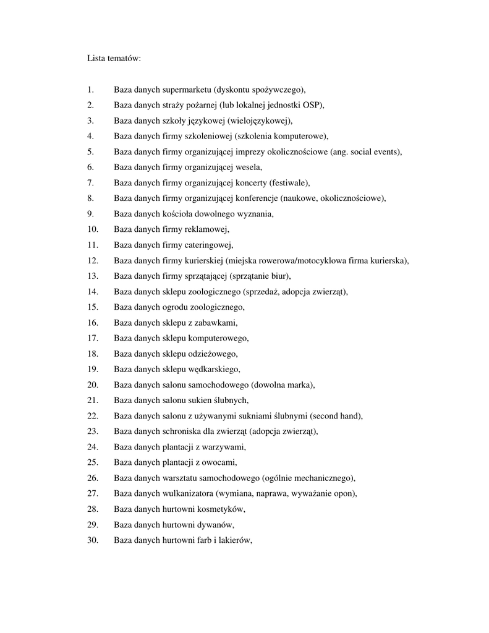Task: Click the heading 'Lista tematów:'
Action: click(x=114, y=59)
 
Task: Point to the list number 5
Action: click(x=90, y=151)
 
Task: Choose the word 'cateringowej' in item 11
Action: click(x=211, y=245)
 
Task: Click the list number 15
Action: click(x=93, y=307)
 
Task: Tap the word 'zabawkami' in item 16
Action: click(x=217, y=323)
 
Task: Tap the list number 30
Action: click(x=93, y=540)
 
